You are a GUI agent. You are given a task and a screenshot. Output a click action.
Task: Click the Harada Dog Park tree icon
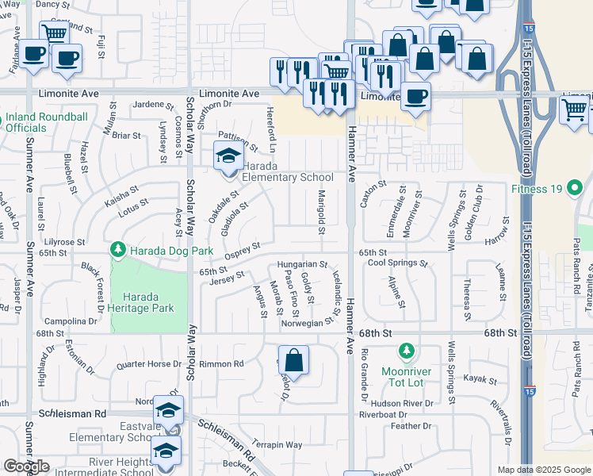(x=118, y=250)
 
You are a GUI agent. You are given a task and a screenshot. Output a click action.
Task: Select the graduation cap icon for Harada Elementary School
(x=228, y=155)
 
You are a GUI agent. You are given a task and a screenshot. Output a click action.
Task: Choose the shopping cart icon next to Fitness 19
(x=575, y=109)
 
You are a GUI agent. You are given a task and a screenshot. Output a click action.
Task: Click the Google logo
(x=26, y=466)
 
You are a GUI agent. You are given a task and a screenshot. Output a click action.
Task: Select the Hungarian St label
(x=302, y=264)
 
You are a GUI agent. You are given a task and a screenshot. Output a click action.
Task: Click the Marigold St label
(x=322, y=213)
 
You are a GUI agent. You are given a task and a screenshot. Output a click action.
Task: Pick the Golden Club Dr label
(x=479, y=206)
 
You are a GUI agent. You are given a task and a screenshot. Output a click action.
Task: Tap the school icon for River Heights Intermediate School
(x=165, y=453)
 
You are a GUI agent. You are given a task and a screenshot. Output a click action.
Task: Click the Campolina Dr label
(x=71, y=322)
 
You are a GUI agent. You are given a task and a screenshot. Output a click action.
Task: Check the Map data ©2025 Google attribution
(x=543, y=470)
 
